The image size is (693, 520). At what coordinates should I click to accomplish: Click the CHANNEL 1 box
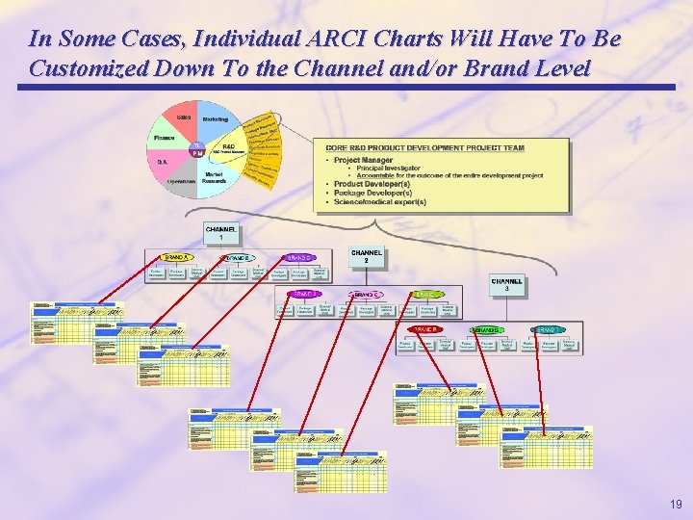click(221, 233)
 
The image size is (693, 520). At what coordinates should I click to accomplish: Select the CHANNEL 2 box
click(367, 256)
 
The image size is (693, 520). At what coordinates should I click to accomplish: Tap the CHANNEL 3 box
click(507, 286)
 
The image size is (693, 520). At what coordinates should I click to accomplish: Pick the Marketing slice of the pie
click(216, 118)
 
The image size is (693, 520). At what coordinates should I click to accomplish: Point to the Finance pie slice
click(163, 139)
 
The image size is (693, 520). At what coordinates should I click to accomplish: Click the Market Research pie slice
click(216, 177)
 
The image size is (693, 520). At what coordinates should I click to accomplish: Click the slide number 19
click(676, 504)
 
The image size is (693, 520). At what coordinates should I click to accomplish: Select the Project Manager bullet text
click(363, 160)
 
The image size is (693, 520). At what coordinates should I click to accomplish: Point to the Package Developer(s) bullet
click(366, 193)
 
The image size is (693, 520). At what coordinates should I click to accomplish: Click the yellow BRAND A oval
click(175, 258)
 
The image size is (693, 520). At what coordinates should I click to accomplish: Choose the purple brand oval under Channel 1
click(299, 258)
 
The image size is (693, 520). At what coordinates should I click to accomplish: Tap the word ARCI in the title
click(341, 39)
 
